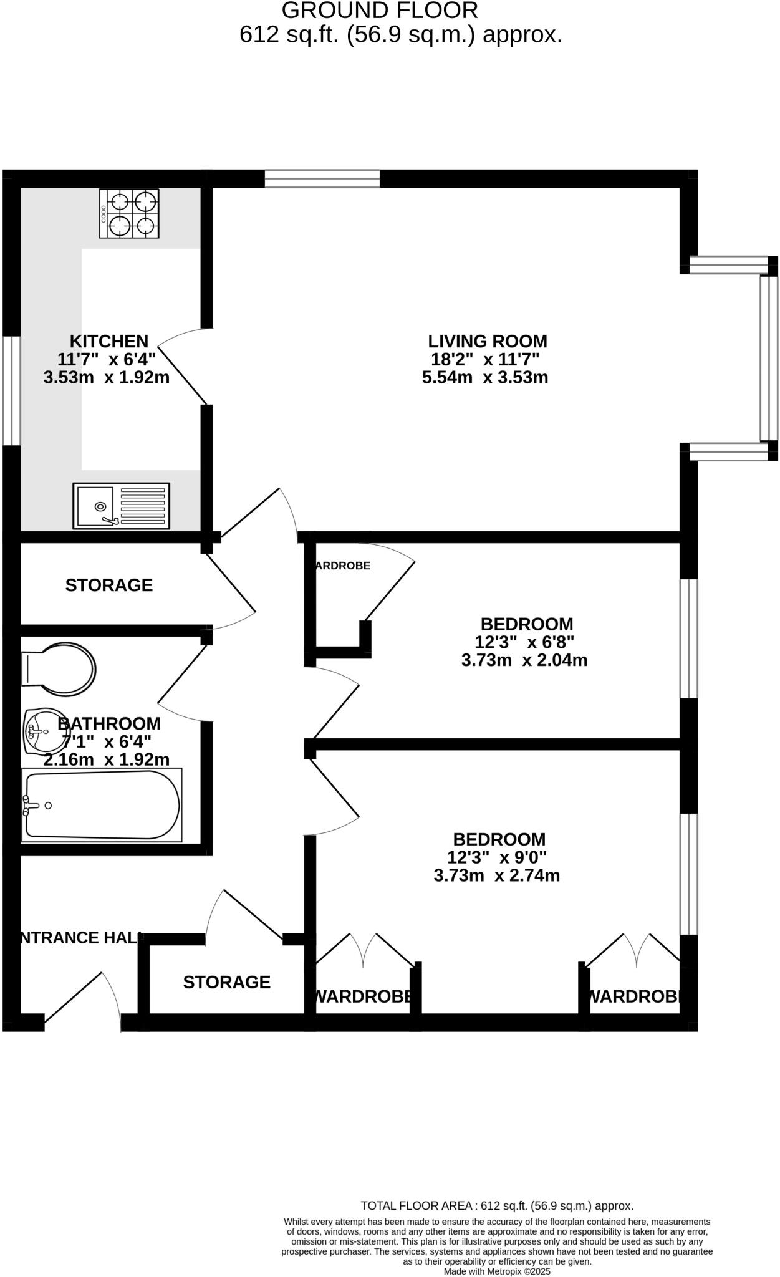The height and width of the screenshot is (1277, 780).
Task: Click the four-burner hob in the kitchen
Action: tap(129, 214)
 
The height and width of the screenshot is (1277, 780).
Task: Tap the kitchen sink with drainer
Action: tap(121, 506)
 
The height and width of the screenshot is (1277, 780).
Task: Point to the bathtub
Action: tap(102, 805)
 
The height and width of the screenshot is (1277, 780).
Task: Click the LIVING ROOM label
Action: tap(487, 341)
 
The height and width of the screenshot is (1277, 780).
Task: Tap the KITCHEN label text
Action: tap(109, 341)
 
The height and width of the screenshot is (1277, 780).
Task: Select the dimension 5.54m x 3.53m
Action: tap(485, 377)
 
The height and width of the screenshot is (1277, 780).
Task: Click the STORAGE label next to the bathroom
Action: tap(109, 585)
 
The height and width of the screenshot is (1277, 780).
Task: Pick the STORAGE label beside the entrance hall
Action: tap(226, 982)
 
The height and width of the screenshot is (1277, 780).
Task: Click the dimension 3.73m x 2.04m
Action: tap(524, 660)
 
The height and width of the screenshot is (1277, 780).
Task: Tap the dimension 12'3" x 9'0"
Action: tap(497, 857)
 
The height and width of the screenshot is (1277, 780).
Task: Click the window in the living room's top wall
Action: tap(322, 179)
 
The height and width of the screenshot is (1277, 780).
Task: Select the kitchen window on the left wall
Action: tap(11, 390)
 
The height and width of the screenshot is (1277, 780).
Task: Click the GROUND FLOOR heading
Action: tap(380, 11)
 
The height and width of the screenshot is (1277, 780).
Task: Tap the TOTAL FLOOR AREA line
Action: tap(497, 1205)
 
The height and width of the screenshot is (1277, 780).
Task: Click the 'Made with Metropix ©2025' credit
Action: tap(497, 1271)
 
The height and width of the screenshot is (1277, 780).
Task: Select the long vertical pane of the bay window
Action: tap(769, 359)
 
